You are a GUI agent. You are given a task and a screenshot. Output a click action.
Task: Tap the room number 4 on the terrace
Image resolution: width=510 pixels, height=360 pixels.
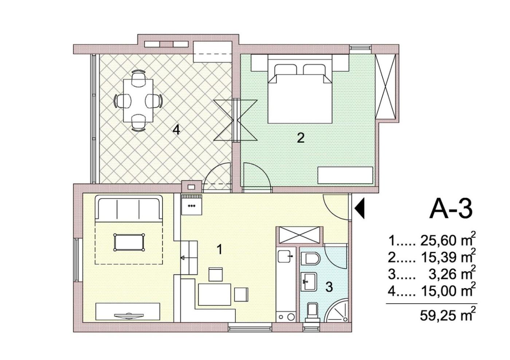(x=176, y=130)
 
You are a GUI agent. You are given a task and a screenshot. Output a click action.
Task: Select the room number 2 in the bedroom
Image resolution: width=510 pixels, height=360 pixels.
(x=301, y=138)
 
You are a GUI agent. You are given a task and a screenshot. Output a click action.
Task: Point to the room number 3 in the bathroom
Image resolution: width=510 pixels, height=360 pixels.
(x=329, y=287)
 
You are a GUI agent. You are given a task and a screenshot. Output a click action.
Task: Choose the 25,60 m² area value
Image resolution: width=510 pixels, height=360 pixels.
(x=447, y=241)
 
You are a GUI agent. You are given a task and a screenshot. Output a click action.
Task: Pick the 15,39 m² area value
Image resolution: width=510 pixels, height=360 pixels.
(x=447, y=258)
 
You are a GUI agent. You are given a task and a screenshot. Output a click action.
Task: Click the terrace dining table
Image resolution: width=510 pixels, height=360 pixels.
(x=138, y=100)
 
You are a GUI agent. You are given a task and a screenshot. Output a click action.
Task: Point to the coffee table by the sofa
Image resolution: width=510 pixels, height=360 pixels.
(x=129, y=242)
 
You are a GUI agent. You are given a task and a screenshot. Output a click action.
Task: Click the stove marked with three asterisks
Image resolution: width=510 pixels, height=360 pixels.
(x=192, y=205)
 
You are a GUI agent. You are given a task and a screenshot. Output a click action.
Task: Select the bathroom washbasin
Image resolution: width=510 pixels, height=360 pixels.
(x=309, y=282)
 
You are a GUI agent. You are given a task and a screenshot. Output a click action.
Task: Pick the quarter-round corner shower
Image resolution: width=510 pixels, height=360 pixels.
(x=337, y=310)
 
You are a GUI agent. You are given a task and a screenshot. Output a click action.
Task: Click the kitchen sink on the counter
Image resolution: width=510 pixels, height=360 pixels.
(x=284, y=257)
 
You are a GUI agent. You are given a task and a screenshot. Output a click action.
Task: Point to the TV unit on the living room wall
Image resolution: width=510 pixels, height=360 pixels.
(x=128, y=311)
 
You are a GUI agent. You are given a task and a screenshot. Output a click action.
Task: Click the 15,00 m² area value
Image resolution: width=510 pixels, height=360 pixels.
(x=447, y=291)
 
